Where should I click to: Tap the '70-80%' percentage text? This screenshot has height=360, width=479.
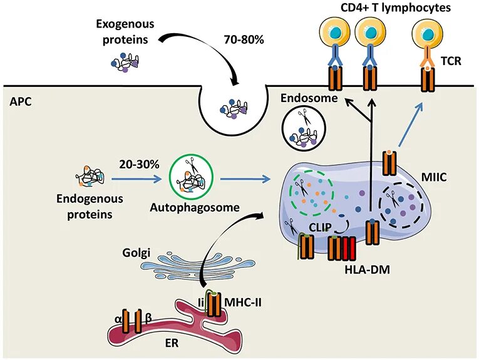pyautogui.click(x=244, y=39)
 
